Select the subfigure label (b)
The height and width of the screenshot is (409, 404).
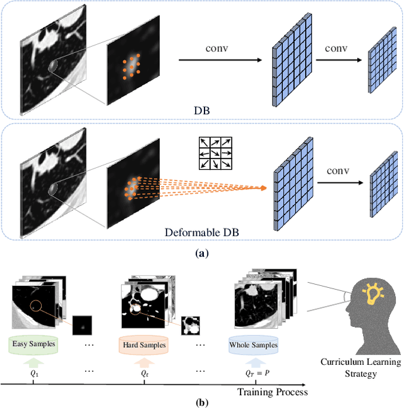click(202, 401)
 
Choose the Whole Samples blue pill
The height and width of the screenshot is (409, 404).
click(254, 345)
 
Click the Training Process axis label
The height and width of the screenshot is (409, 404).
click(273, 392)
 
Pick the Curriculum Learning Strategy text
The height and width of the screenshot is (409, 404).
click(360, 368)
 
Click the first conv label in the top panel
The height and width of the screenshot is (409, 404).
click(216, 49)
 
